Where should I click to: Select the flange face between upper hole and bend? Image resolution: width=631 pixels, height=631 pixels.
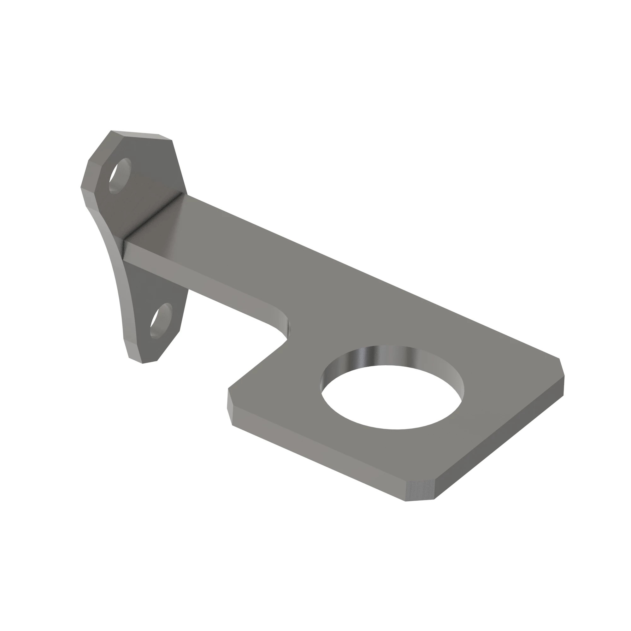tap(150, 183)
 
